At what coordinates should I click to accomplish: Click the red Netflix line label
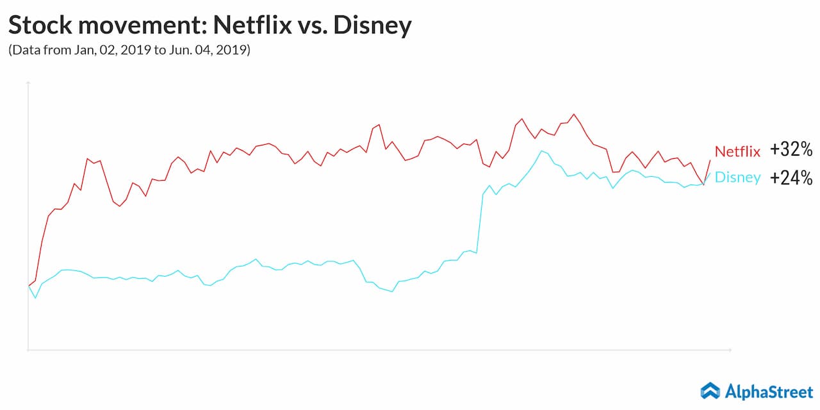(737, 151)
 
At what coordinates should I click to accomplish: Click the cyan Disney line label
(737, 177)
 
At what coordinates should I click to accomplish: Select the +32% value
(791, 150)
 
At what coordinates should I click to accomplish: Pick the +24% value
(791, 177)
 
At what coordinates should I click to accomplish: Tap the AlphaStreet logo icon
(710, 390)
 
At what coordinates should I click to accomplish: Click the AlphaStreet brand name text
(769, 390)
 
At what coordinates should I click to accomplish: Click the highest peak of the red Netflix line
(573, 114)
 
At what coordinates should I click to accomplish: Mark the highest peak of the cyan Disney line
(542, 151)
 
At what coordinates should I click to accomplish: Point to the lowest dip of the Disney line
(35, 298)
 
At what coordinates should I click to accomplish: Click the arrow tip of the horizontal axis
(730, 350)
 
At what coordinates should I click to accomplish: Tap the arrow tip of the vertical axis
(28, 83)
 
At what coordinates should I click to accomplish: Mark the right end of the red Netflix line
(710, 160)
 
